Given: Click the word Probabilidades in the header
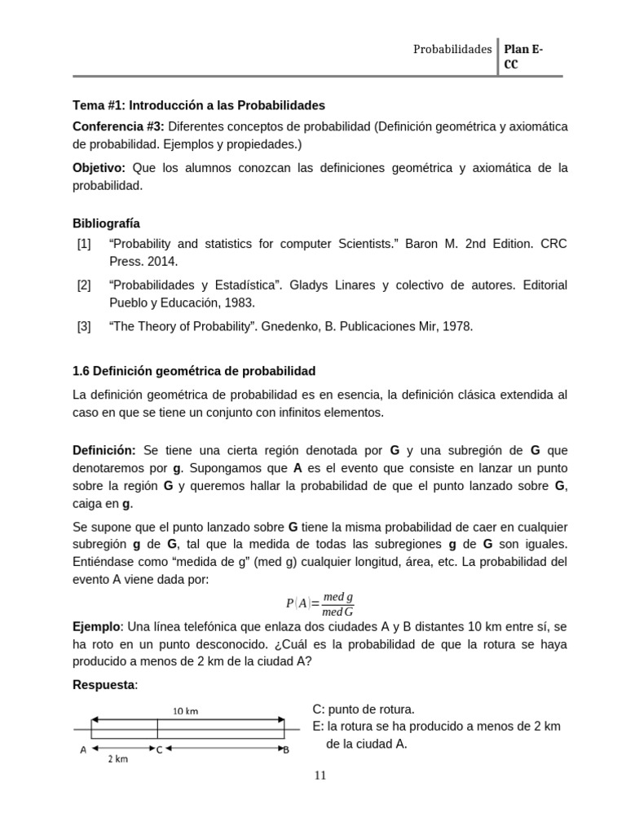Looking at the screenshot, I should click(452, 49).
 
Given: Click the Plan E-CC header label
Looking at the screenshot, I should click(524, 56).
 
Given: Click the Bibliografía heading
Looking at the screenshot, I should click(106, 223).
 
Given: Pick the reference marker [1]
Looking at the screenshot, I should click(84, 244).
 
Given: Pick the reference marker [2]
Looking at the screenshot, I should click(84, 285).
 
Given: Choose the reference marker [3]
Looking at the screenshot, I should click(84, 326).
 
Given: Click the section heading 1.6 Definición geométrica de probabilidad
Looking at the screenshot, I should click(194, 371).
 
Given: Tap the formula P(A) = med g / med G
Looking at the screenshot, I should click(320, 604).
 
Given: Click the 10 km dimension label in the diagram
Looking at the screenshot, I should click(186, 710).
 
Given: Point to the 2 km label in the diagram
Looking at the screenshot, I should click(118, 759).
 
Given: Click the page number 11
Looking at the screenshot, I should click(320, 775).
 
